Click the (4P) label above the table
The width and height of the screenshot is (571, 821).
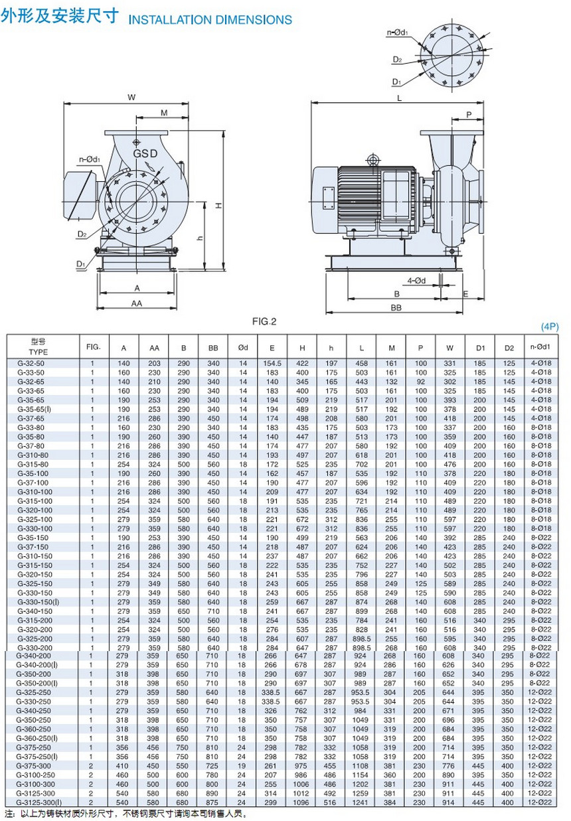pyautogui.click(x=550, y=327)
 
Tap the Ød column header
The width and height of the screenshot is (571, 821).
pyautogui.click(x=242, y=347)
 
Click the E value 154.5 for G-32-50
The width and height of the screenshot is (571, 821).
pyautogui.click(x=272, y=363)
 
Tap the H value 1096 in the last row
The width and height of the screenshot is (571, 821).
pyautogui.click(x=302, y=802)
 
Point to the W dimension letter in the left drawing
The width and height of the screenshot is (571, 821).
pyautogui.click(x=131, y=98)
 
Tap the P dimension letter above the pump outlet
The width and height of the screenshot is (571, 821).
pyautogui.click(x=469, y=114)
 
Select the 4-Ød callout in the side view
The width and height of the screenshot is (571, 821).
pyautogui.click(x=416, y=280)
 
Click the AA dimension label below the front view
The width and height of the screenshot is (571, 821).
pyautogui.click(x=136, y=303)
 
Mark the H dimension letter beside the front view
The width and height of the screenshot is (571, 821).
pyautogui.click(x=218, y=205)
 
